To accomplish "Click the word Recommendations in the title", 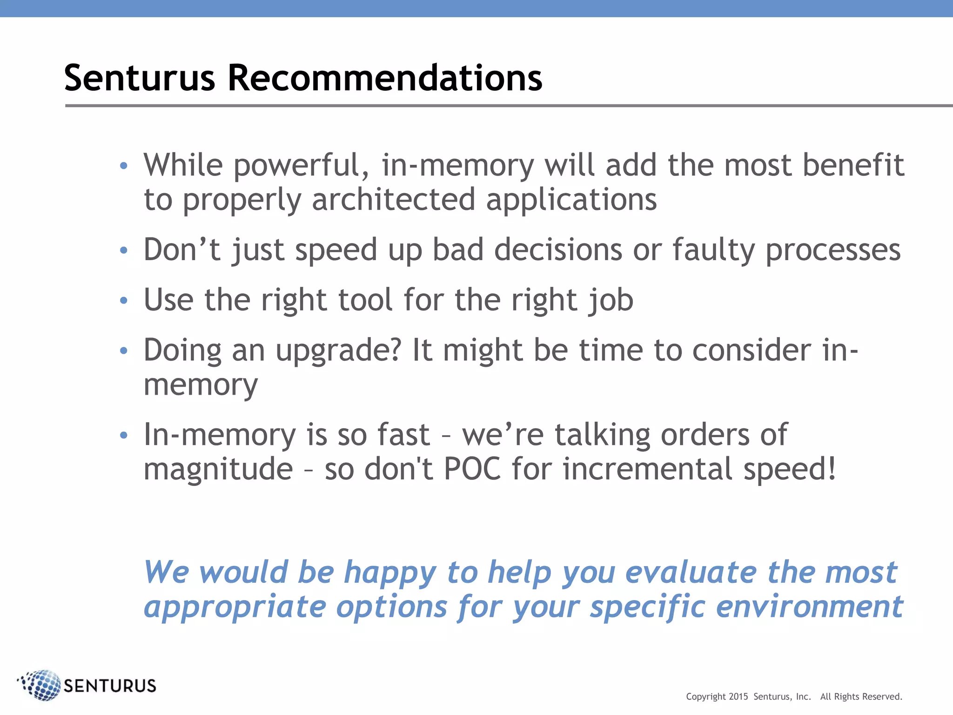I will pos(384,78).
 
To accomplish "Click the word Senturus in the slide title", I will pos(140,78).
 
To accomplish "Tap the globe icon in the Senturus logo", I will pos(42,685).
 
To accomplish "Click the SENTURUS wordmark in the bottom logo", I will pos(110,686).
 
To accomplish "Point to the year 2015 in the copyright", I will pos(738,696).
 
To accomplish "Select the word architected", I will pos(394,200).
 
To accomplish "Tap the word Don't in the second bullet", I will pos(181,250).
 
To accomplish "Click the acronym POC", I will pos(472,469).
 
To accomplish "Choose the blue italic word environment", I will pos(809,607).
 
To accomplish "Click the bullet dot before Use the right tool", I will pos(123,300).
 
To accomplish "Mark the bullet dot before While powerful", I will pos(123,166).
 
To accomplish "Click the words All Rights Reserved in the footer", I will pos(861,696).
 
